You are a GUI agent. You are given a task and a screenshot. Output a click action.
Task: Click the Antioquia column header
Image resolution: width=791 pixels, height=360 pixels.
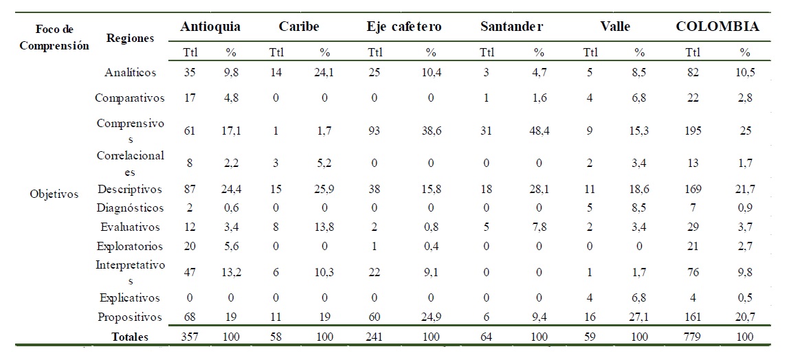coord(210,27)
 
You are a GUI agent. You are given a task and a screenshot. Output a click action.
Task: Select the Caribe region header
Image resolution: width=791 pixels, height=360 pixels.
coord(299,27)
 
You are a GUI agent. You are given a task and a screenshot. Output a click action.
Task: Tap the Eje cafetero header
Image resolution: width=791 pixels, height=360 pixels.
coord(404,27)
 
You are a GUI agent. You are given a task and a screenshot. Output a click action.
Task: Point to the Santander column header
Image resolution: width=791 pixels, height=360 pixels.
coord(512,27)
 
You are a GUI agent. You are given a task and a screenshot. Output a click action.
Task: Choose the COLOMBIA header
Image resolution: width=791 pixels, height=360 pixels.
coord(717,27)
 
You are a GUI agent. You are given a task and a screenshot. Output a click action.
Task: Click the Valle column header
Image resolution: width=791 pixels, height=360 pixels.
coord(614,27)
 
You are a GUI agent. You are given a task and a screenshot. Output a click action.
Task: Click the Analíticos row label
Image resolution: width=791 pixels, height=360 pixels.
coord(131,72)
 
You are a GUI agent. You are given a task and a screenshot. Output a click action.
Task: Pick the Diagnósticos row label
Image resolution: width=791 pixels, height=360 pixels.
coord(131,208)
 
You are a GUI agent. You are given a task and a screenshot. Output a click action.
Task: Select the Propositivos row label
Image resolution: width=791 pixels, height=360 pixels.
coord(131,317)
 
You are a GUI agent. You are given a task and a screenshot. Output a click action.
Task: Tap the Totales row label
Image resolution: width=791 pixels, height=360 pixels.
coord(131,337)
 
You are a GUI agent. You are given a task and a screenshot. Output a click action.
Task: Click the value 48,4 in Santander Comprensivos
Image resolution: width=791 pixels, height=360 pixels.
coord(539,131)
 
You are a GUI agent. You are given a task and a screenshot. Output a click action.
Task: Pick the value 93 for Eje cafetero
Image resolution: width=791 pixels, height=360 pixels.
coord(375,131)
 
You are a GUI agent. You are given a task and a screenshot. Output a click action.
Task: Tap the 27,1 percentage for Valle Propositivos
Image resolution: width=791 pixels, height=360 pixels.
coord(640,317)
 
